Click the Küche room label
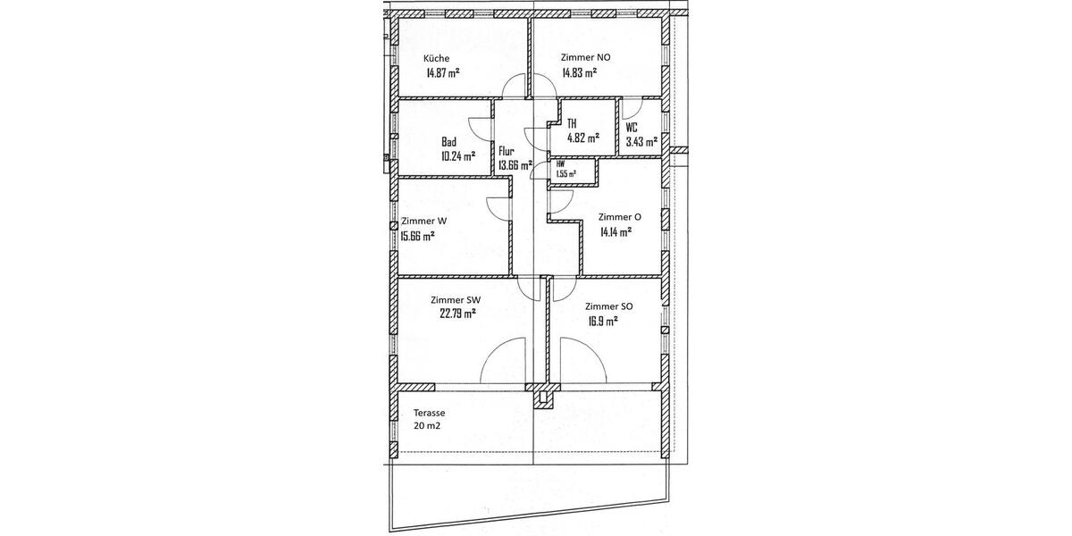(x=437, y=59)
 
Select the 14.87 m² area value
(x=442, y=74)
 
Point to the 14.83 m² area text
(x=580, y=74)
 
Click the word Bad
(x=449, y=141)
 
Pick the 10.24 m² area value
(x=456, y=155)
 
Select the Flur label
(x=507, y=151)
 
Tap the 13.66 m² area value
(x=515, y=165)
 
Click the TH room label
(x=572, y=124)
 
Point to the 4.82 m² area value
(x=582, y=138)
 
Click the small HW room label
(x=560, y=164)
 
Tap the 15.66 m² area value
(x=417, y=236)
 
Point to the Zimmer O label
(x=619, y=216)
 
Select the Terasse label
(x=429, y=413)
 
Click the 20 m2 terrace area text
(x=426, y=426)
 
